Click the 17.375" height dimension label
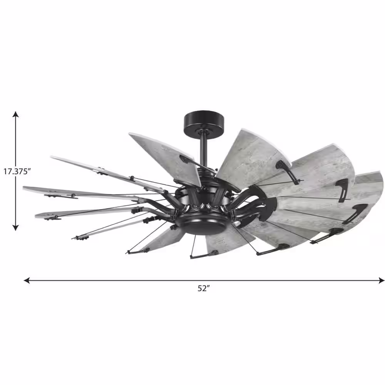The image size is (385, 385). (17, 172)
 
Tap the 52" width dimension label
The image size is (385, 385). (203, 289)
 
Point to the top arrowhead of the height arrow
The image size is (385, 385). (15, 114)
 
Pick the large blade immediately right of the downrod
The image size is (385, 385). (250, 154)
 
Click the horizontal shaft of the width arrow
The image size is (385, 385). (115, 280)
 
